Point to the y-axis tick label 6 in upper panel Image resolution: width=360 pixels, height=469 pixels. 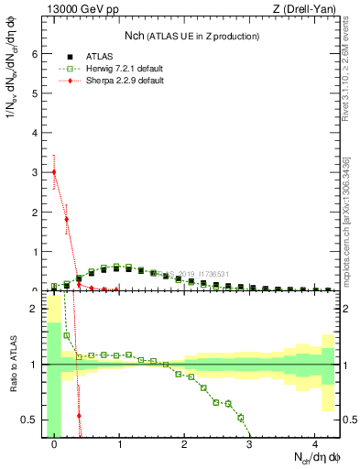click(34, 54)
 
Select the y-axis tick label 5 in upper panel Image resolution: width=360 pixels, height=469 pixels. click(34, 93)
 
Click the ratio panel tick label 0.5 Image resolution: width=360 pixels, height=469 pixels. click(30, 420)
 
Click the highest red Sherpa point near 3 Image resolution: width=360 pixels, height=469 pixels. click(54, 172)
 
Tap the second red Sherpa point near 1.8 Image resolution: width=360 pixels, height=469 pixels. click(67, 219)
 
